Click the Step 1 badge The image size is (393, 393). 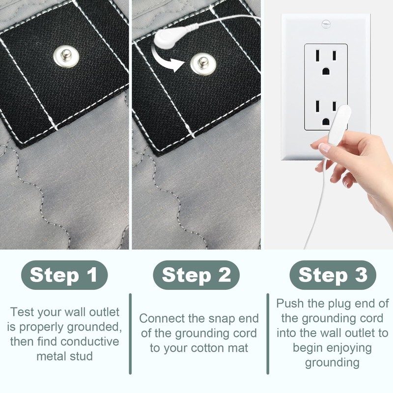64,275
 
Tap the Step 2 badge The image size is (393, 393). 196,275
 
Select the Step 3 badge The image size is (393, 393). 333,275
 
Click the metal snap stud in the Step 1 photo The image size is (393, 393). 66,56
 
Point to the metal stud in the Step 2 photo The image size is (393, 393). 203,64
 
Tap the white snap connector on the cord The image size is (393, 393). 166,38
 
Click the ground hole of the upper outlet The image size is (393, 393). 326,71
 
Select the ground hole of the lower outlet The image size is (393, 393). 326,122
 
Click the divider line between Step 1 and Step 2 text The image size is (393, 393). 130,334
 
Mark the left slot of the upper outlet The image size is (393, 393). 318,55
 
